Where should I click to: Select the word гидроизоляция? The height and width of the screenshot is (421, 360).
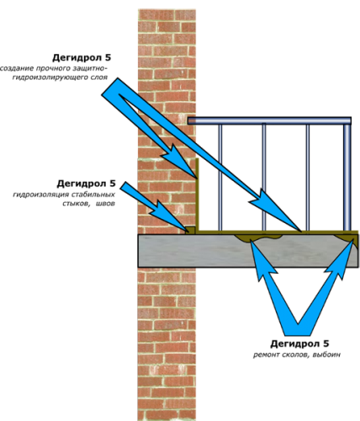coord(40,195)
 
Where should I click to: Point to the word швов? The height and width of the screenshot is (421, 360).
coord(105,204)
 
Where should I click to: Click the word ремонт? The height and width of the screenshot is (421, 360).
coord(267,354)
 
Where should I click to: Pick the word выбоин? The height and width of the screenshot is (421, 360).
coord(326,354)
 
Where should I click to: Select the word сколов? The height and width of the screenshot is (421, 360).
coord(295,354)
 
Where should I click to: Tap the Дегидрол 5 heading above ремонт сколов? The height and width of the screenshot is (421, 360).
coord(299,344)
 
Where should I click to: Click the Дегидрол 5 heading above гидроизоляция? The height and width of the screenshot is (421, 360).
coord(86,184)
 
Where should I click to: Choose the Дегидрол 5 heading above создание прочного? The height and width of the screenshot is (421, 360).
coord(82,58)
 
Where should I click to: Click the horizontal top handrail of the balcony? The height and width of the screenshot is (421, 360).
coord(269,120)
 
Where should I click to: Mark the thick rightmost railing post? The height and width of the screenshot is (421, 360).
coord(347,178)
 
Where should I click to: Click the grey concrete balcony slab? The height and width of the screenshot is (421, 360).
coord(248,251)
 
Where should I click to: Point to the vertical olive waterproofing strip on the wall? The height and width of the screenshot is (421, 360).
coord(197,195)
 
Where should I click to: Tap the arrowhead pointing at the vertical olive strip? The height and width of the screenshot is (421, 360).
coord(179,162)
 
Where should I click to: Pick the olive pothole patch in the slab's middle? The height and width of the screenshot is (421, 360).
coord(258,237)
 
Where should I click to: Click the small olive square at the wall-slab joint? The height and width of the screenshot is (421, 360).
coord(191,230)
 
